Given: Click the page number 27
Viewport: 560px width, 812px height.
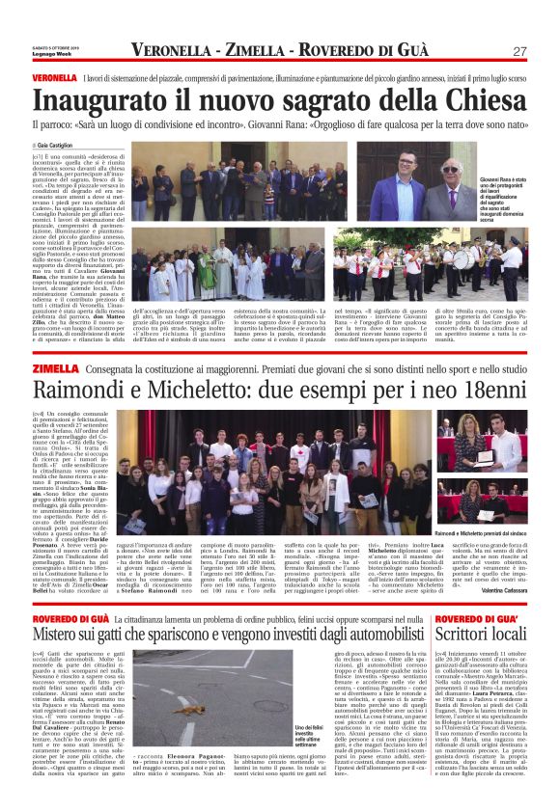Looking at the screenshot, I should [x=519, y=51].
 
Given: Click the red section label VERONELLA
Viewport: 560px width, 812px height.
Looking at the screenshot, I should [x=54, y=76].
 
